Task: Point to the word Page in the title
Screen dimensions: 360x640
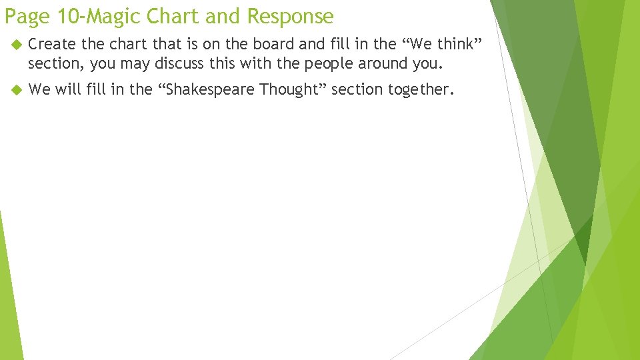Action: pos(26,15)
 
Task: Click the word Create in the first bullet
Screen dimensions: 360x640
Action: pos(52,45)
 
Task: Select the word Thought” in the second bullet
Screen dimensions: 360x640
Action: pos(293,89)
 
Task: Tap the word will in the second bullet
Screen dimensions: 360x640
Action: pos(67,89)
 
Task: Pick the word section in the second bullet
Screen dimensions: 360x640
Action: pos(354,89)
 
